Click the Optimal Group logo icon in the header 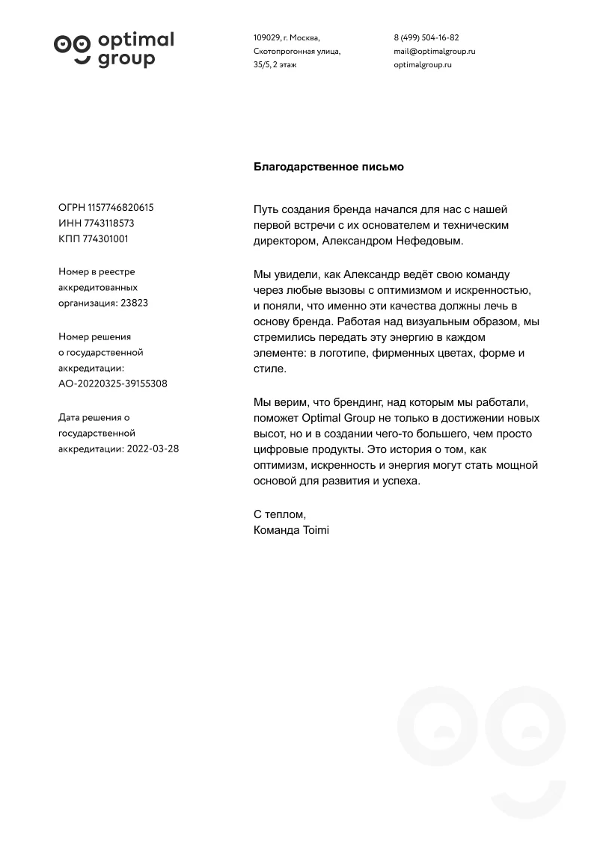[x=72, y=46]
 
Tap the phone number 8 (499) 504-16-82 [x=426, y=37]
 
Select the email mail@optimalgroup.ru [x=435, y=52]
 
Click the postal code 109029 [x=266, y=37]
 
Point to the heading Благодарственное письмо [x=328, y=167]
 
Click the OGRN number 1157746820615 [x=120, y=208]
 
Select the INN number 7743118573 [x=110, y=224]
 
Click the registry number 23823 [x=134, y=304]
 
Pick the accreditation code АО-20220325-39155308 [x=113, y=384]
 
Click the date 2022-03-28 [x=153, y=449]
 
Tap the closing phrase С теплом [x=280, y=514]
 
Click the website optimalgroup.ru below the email [x=423, y=65]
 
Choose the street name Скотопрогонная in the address [x=281, y=52]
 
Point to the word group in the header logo [x=126, y=59]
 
